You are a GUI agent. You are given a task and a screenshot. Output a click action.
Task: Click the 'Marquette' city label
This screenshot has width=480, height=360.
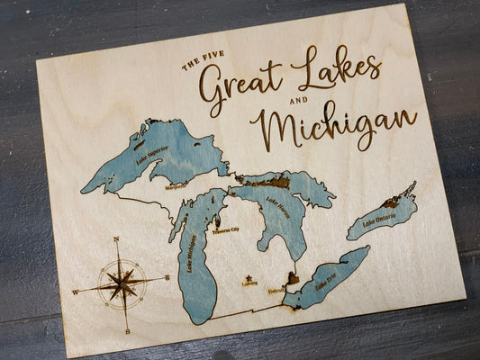click(177, 186)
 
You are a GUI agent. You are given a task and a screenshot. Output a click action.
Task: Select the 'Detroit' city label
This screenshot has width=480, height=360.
click(276, 290)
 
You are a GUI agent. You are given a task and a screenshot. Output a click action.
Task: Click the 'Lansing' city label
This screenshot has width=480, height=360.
click(249, 283)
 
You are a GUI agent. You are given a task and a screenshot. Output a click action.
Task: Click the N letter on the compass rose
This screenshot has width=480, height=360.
click(115, 239)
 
